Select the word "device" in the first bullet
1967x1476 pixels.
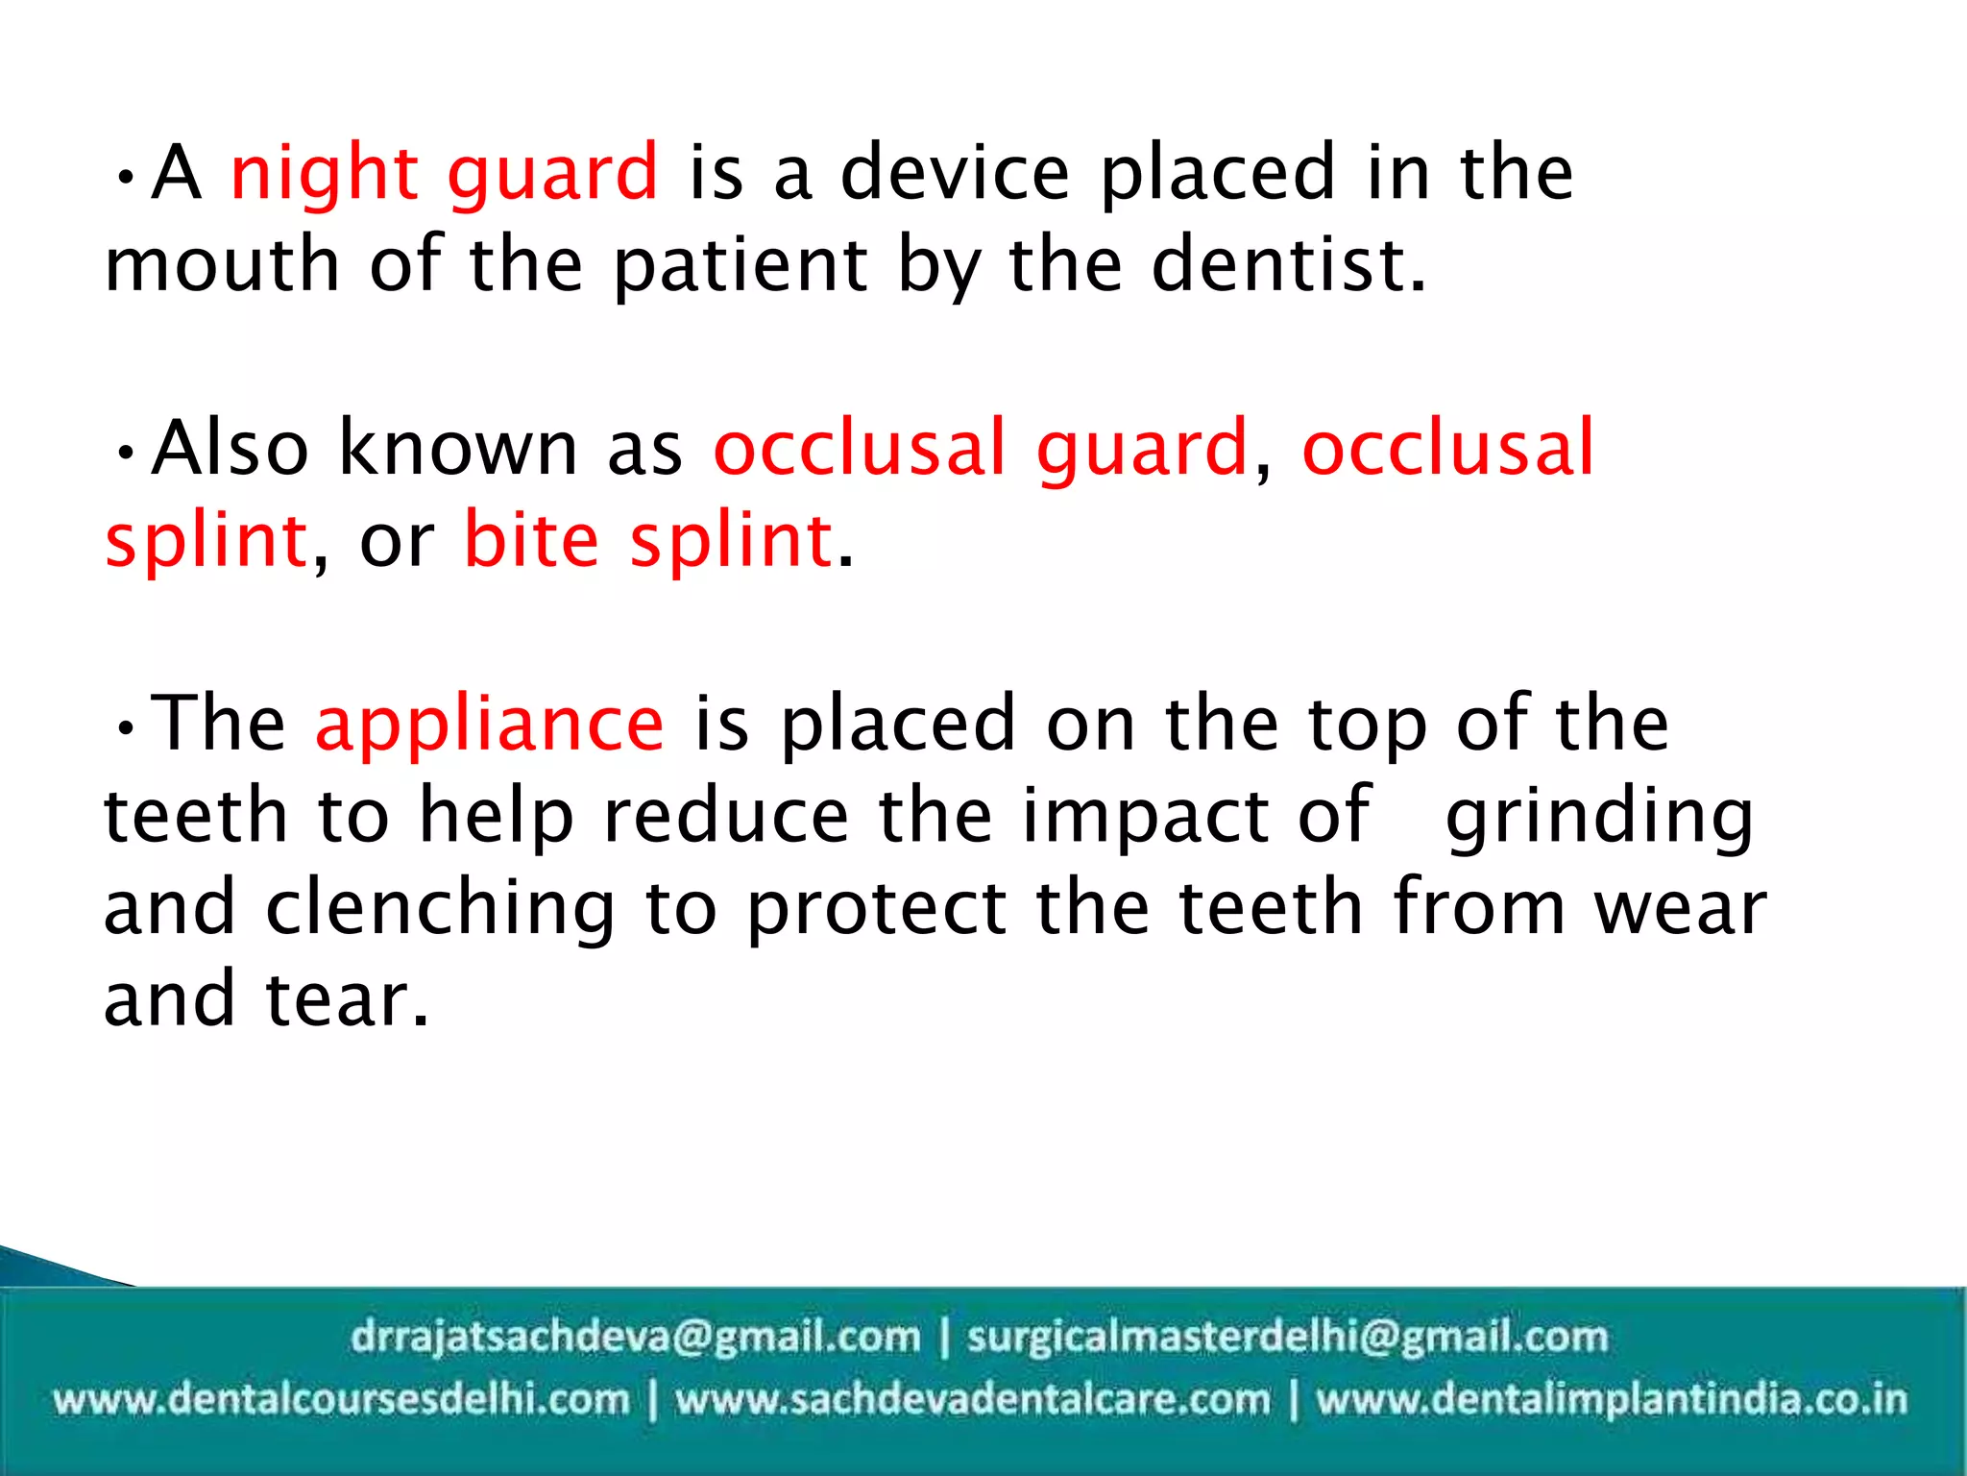pos(955,174)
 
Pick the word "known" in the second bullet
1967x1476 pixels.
pos(458,449)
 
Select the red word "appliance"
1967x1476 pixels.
pos(489,725)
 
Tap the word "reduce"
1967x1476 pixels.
pos(726,816)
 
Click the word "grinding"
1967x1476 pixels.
pos(1599,818)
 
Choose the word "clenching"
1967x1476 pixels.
pos(441,909)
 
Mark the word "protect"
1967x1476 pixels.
pos(877,909)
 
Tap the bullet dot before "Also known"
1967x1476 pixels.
pos(124,452)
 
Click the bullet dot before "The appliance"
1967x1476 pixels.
pos(124,727)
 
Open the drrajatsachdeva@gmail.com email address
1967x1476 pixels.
pos(635,1337)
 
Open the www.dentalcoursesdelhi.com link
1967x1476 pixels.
pos(341,1398)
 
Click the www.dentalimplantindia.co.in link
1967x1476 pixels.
pos(1611,1398)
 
